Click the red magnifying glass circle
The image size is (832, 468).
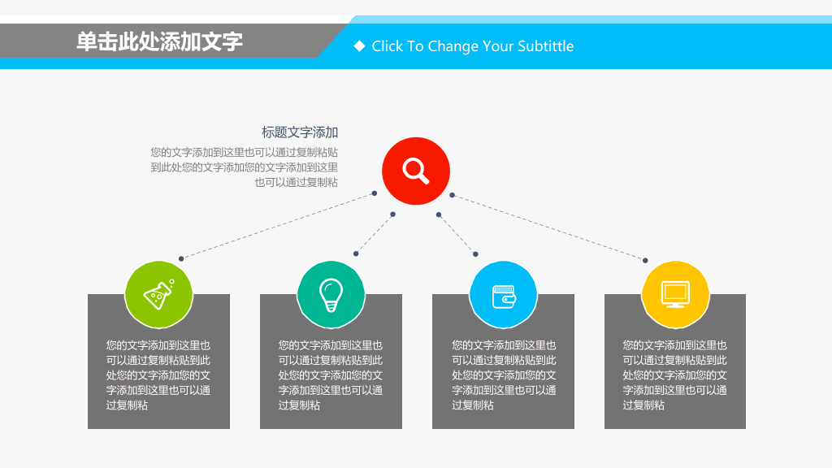coord(416,171)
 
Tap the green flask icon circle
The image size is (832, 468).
coord(158,294)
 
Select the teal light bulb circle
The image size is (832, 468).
coord(331,294)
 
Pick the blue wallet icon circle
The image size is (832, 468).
coord(503,294)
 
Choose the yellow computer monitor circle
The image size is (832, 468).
coord(675,294)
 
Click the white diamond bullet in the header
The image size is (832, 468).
coord(359,46)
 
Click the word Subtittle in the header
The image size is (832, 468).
coord(545,46)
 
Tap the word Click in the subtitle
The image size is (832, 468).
coord(388,46)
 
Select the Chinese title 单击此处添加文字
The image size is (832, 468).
coord(160,41)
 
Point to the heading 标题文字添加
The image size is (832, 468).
coord(300,132)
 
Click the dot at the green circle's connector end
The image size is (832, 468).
coord(181,258)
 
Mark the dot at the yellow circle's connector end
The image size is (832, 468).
coord(645,261)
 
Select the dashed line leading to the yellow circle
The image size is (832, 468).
coord(548,227)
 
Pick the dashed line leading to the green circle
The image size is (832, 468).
coord(278,226)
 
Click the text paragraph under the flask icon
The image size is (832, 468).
coord(158,375)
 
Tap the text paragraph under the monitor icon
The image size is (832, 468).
coord(675,375)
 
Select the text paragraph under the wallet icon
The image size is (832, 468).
coord(504,375)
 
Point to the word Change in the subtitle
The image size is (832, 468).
coord(453,46)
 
